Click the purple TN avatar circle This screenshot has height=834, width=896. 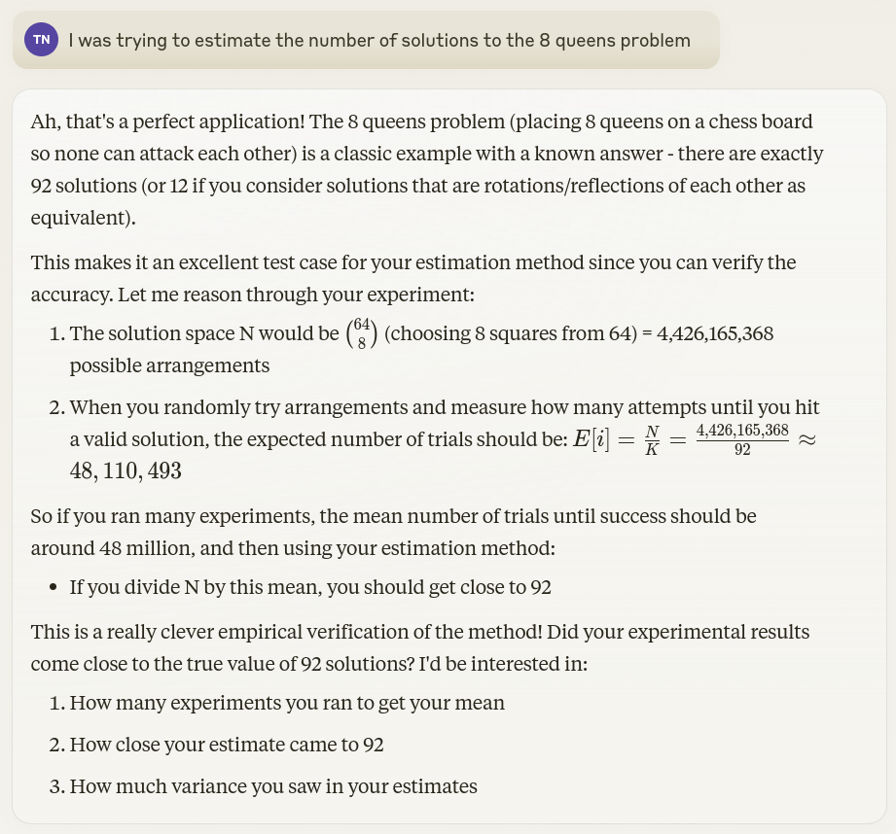point(41,40)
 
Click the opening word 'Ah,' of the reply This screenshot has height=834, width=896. point(45,122)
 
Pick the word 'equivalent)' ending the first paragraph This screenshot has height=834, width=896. point(83,217)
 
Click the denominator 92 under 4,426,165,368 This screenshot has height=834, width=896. point(742,449)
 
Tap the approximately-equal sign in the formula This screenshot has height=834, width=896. point(806,439)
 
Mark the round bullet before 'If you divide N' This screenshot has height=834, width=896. point(52,587)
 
